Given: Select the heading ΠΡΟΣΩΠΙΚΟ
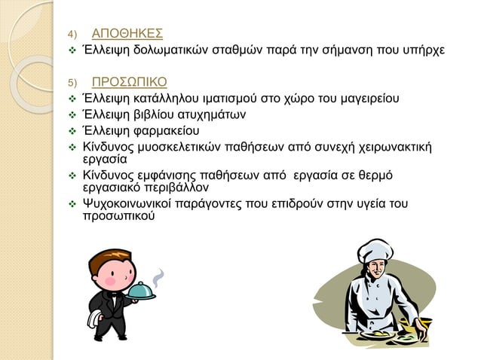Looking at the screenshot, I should pos(130,81).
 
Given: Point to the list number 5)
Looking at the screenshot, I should pos(72,83).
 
